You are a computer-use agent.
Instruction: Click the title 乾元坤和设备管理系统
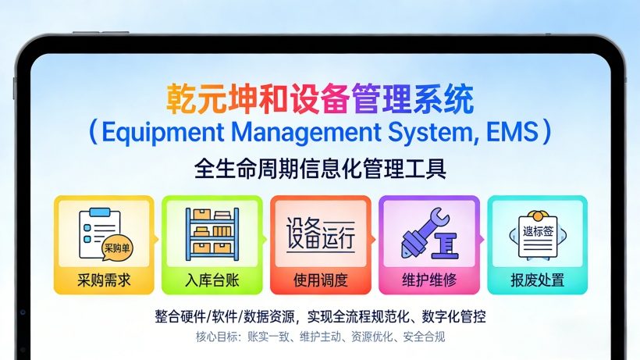(320, 100)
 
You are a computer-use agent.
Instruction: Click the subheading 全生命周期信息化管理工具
(320, 167)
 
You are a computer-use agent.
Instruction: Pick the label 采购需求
(104, 280)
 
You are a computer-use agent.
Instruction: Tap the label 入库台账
(212, 280)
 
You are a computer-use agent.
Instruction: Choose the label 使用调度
(320, 280)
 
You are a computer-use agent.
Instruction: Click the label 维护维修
(428, 280)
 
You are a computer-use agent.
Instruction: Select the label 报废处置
(537, 280)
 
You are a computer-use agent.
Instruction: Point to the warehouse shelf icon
(212, 234)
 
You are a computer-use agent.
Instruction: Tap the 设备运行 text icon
(320, 233)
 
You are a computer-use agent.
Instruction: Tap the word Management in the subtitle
(293, 132)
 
